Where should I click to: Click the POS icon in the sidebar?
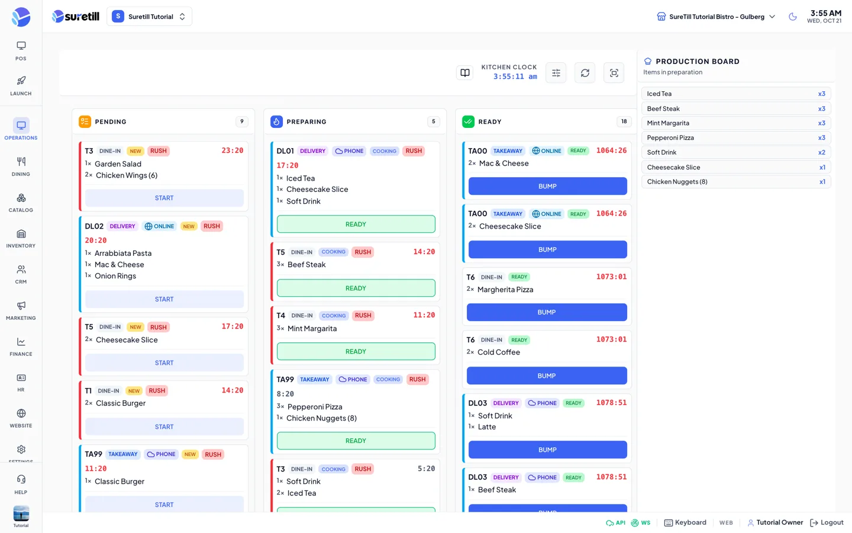click(x=21, y=46)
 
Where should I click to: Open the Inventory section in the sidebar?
click(x=21, y=239)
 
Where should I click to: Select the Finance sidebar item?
click(x=21, y=347)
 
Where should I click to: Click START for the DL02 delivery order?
click(x=164, y=299)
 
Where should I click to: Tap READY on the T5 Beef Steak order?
click(x=356, y=288)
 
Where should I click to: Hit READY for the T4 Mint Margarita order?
click(x=356, y=351)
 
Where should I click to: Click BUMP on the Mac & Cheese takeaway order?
click(x=547, y=186)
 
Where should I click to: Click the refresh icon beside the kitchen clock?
click(x=585, y=73)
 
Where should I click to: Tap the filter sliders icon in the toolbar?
click(x=556, y=73)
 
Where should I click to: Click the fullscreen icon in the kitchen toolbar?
click(x=614, y=73)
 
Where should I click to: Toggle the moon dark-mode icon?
click(x=793, y=17)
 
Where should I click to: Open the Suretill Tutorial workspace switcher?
click(x=150, y=17)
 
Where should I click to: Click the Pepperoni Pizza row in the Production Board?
click(x=736, y=137)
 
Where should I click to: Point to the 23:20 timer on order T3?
click(x=233, y=150)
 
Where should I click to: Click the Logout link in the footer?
click(x=827, y=522)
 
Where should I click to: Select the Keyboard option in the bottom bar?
click(x=685, y=522)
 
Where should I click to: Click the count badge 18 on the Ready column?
click(x=624, y=121)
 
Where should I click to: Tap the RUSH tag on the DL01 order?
click(x=414, y=151)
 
